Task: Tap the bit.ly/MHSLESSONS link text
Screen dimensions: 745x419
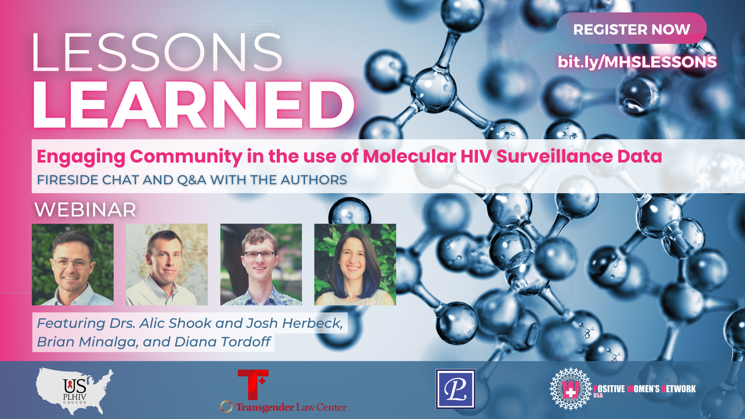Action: [x=637, y=62]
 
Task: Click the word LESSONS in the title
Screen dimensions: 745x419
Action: [x=156, y=52]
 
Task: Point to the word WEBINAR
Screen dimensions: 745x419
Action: [x=85, y=210]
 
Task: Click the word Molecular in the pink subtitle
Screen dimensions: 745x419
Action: [x=409, y=156]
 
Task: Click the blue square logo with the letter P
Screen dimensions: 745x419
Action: [x=456, y=389]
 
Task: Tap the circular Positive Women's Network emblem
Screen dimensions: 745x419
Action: [x=570, y=389]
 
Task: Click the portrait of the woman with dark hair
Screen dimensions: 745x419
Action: [x=355, y=265]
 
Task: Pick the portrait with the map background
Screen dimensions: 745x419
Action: [x=167, y=265]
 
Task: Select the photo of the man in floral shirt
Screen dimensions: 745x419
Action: [x=261, y=265]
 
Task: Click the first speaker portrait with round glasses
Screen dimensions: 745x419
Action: [x=73, y=265]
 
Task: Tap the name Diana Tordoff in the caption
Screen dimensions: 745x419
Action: [x=222, y=342]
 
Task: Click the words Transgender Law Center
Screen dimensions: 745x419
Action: [x=291, y=407]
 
